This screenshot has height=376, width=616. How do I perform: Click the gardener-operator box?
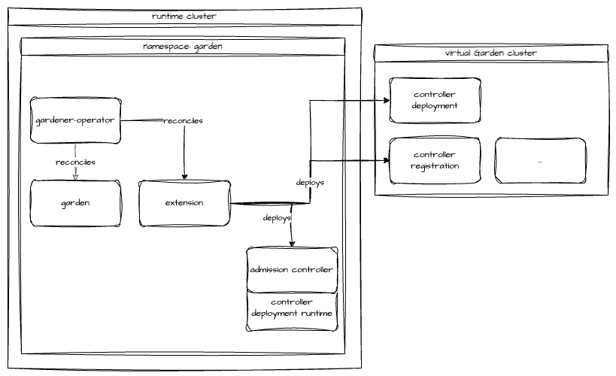(x=74, y=120)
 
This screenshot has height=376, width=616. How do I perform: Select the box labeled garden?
(x=74, y=203)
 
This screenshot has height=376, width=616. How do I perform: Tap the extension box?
(x=184, y=203)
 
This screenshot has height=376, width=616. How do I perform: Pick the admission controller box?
(x=292, y=270)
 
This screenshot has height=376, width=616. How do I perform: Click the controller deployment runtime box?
(x=292, y=308)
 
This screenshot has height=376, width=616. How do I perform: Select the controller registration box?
(x=435, y=161)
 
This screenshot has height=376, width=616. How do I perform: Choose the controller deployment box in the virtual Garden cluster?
(x=435, y=100)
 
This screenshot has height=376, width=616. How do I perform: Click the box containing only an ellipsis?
(x=540, y=161)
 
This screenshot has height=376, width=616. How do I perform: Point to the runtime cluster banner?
(x=184, y=16)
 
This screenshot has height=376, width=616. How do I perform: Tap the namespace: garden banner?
(x=183, y=47)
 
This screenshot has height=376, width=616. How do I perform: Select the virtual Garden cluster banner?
(x=490, y=53)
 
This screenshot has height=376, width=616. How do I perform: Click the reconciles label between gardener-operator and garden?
(x=75, y=162)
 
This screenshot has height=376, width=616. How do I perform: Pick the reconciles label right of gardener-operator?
(x=183, y=120)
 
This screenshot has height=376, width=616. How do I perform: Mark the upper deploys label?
(x=310, y=183)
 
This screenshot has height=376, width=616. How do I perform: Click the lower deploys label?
(x=277, y=217)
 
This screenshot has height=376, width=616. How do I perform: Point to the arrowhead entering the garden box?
(x=75, y=177)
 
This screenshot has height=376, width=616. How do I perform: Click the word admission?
(x=269, y=270)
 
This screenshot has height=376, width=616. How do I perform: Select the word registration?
(x=435, y=166)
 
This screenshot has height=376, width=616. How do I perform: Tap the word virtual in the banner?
(x=458, y=53)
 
